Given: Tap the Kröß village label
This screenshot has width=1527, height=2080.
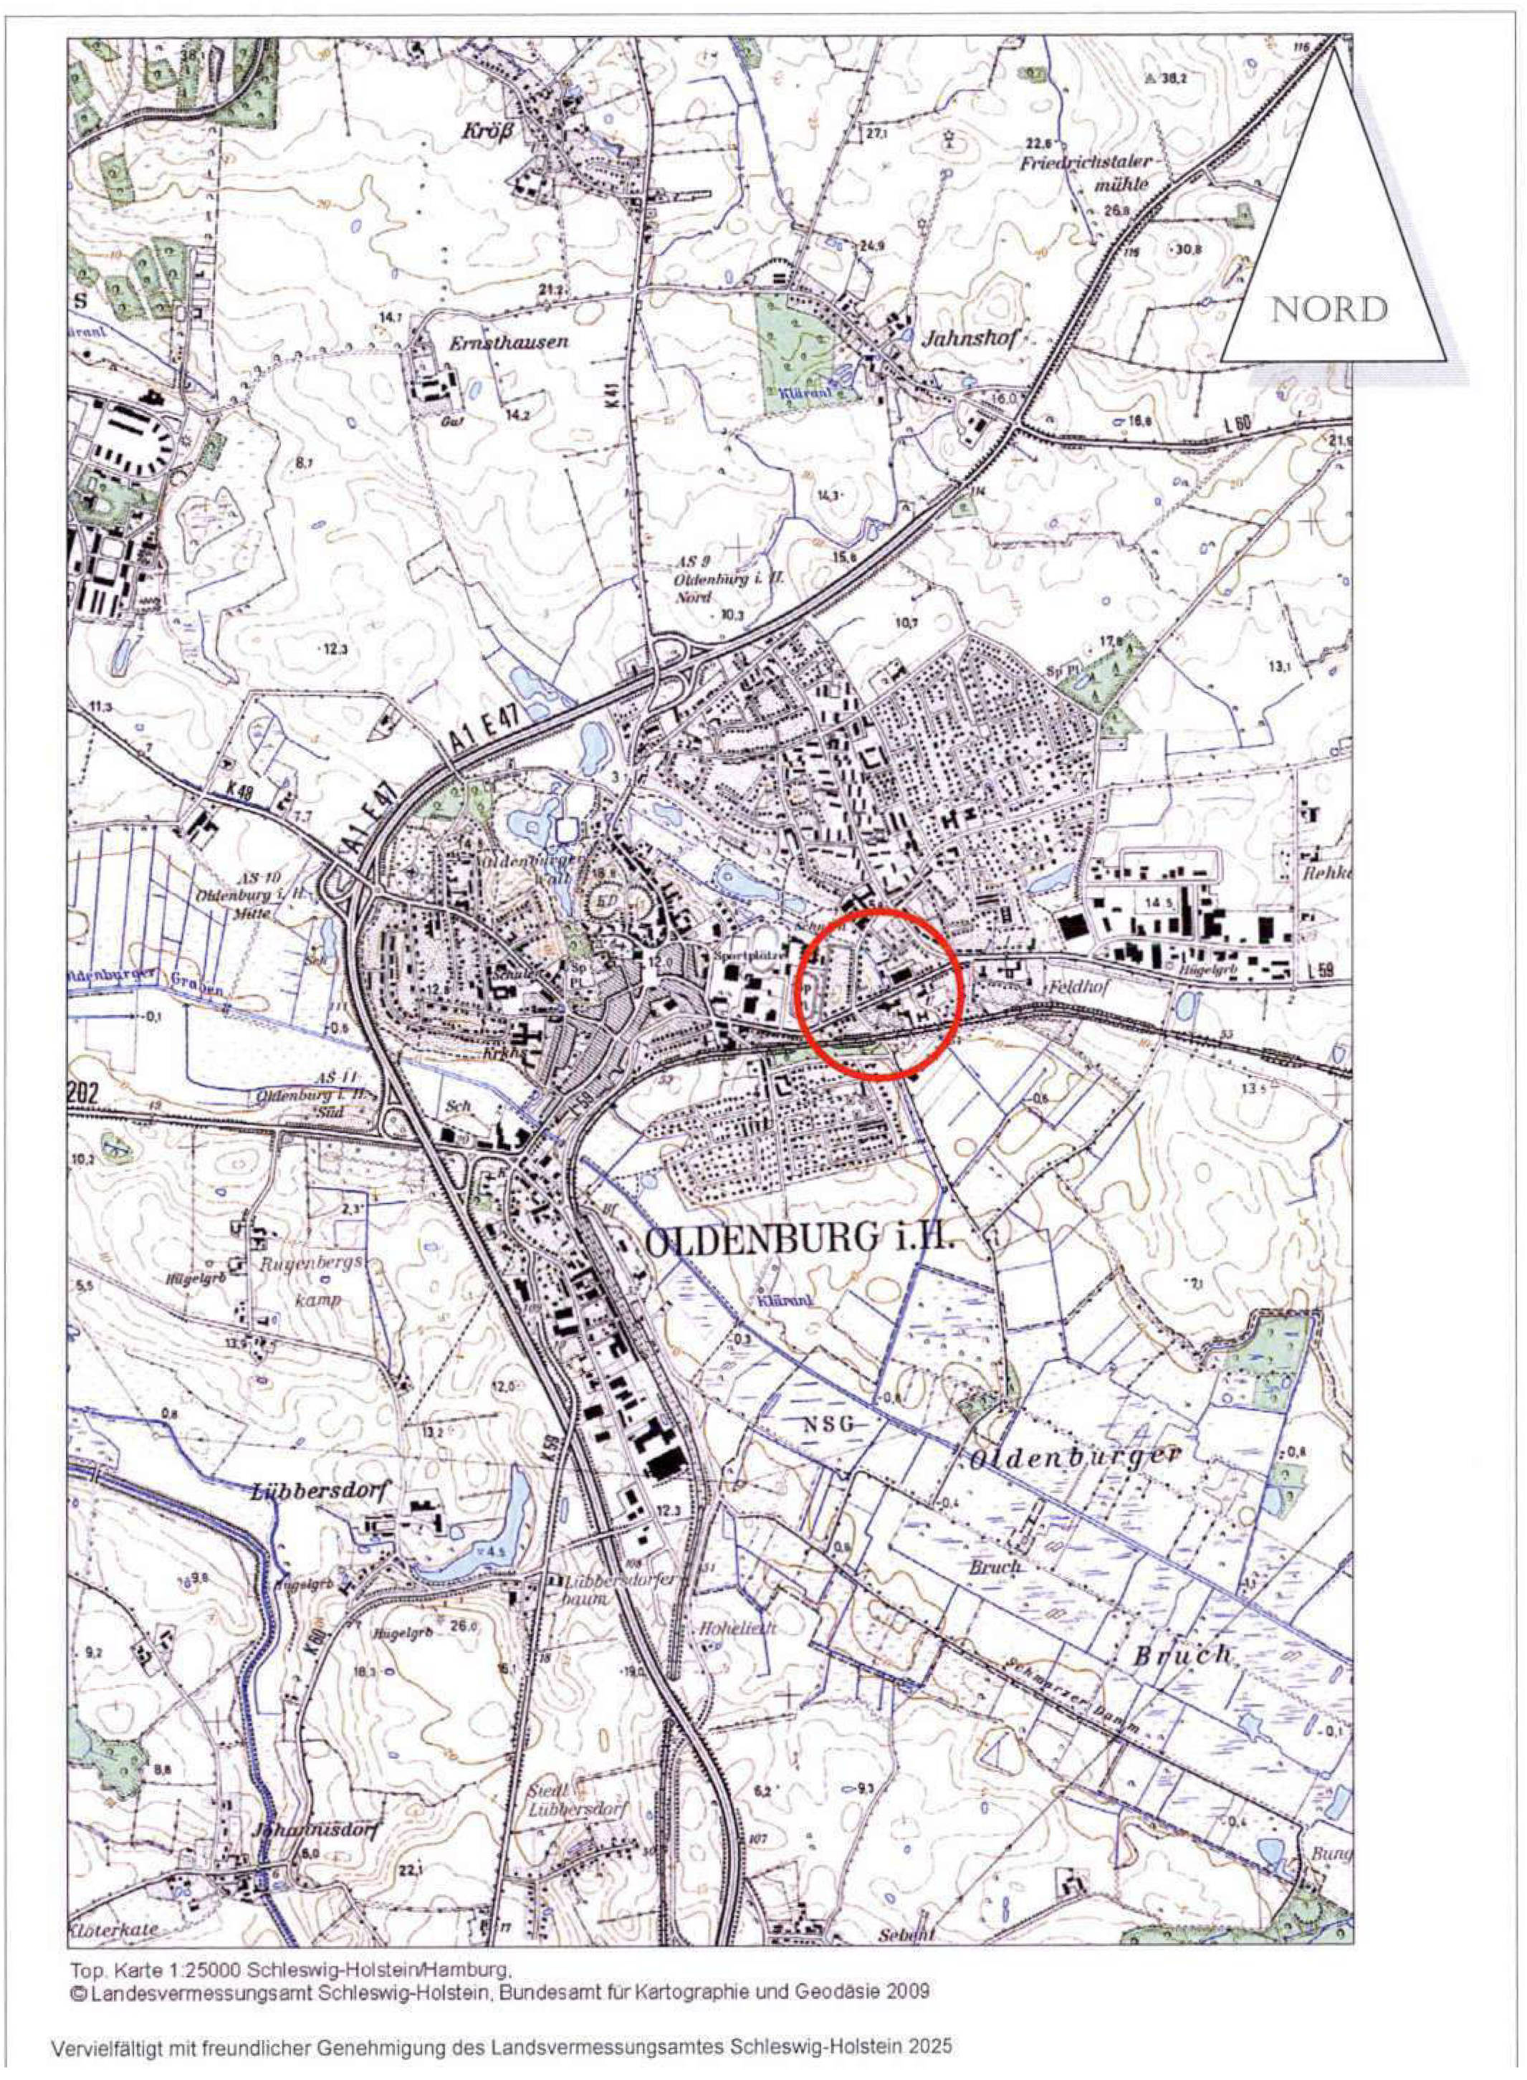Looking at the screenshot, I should (487, 131).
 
